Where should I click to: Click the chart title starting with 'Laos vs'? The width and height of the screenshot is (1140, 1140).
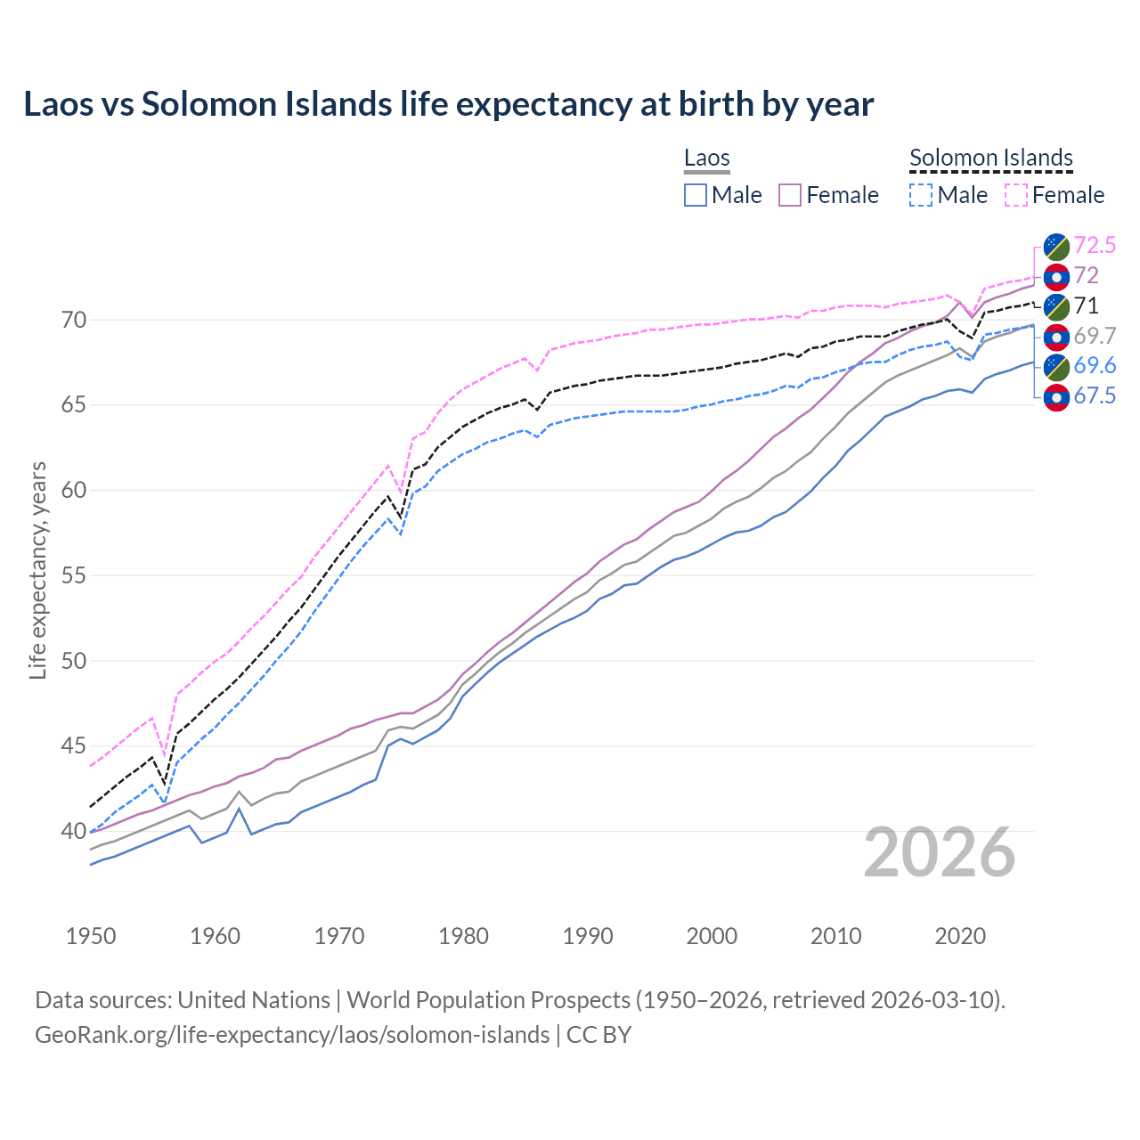pos(448,104)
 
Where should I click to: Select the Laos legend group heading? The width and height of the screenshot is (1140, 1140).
pos(706,159)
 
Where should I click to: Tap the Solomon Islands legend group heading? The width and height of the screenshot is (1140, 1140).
pos(990,159)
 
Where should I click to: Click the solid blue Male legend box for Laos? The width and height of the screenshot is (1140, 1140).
pos(696,195)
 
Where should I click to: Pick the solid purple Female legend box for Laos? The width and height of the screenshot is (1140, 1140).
pos(790,195)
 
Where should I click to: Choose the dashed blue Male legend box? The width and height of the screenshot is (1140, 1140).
pos(921,195)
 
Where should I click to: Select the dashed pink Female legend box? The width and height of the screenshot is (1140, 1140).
pos(1016,195)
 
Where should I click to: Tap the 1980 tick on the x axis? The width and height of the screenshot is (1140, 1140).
pos(463,936)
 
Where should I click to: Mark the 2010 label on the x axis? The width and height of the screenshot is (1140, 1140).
pos(835,936)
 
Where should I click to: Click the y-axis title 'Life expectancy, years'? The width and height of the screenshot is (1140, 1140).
pos(37,570)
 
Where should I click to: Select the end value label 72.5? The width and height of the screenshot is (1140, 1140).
pos(1095,245)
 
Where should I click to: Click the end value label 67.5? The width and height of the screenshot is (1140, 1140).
pos(1095,396)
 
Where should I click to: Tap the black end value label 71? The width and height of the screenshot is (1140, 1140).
pos(1086,305)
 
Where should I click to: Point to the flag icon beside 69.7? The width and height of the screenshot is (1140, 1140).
pos(1056,337)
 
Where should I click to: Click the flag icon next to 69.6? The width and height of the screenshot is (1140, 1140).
pos(1056,366)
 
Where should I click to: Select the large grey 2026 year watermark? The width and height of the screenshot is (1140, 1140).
pos(940,852)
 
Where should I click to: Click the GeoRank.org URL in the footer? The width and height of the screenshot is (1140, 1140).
pos(292,1035)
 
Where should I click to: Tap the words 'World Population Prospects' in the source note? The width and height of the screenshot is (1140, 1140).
pos(488,1000)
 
